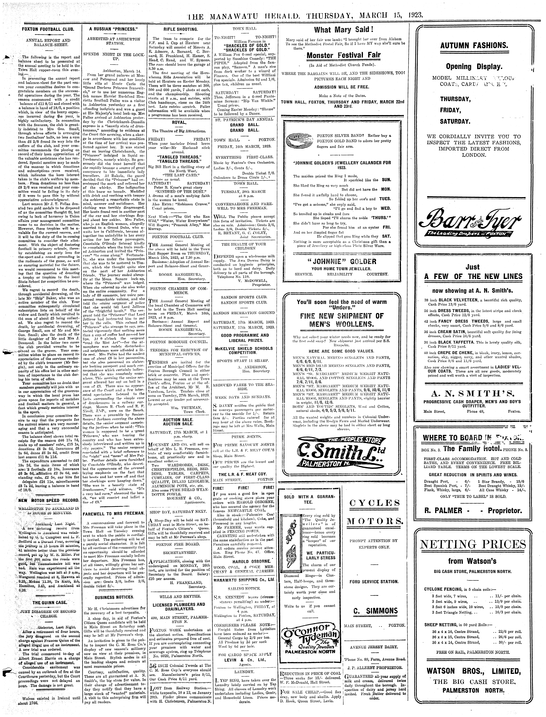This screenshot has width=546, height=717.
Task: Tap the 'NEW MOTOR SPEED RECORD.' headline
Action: point(49,500)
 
